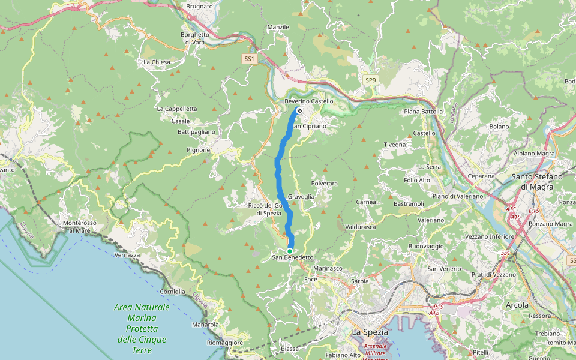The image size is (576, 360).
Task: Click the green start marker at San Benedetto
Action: tap(289, 251)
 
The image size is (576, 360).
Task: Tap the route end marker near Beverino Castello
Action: tap(299, 110)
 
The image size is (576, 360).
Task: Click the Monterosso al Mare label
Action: tap(79, 226)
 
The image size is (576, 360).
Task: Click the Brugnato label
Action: tap(199, 6)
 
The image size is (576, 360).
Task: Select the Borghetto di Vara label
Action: tap(195, 38)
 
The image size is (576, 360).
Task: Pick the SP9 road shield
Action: tap(371, 80)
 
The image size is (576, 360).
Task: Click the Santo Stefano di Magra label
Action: tap(537, 181)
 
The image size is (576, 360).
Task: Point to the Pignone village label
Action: tap(199, 149)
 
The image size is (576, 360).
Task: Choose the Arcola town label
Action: tap(517, 305)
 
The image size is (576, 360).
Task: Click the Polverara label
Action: tap(325, 183)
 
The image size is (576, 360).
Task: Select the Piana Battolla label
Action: tap(424, 112)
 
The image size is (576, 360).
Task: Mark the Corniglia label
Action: tap(173, 291)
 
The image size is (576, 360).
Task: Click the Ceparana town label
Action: tap(481, 176)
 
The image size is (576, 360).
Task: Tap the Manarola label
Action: tap(205, 325)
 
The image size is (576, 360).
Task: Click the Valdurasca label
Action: tap(360, 227)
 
